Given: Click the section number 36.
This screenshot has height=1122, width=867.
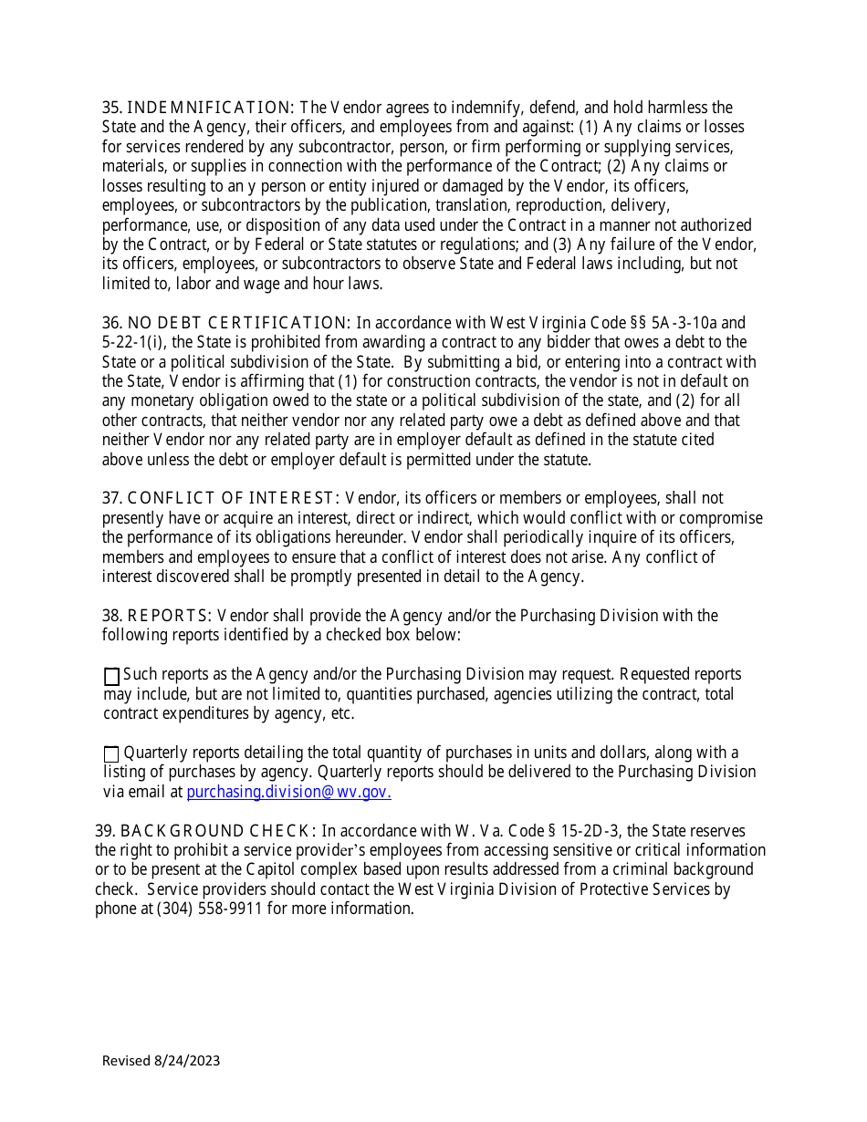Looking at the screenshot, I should click(x=112, y=323).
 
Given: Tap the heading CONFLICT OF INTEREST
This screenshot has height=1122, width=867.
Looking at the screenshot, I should click(x=234, y=498).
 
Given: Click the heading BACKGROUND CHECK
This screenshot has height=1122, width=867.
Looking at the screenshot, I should click(x=218, y=831).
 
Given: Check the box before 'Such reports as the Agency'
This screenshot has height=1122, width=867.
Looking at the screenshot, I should click(x=111, y=676).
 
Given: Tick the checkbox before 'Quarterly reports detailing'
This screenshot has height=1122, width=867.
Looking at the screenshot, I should click(x=111, y=753).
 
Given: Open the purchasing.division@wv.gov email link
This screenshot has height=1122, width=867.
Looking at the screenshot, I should click(x=288, y=792).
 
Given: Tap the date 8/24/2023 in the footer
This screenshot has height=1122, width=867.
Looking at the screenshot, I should click(x=187, y=1060).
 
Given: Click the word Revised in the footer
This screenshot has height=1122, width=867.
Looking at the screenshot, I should click(x=126, y=1060).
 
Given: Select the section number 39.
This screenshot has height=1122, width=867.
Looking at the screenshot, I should click(x=105, y=831).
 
